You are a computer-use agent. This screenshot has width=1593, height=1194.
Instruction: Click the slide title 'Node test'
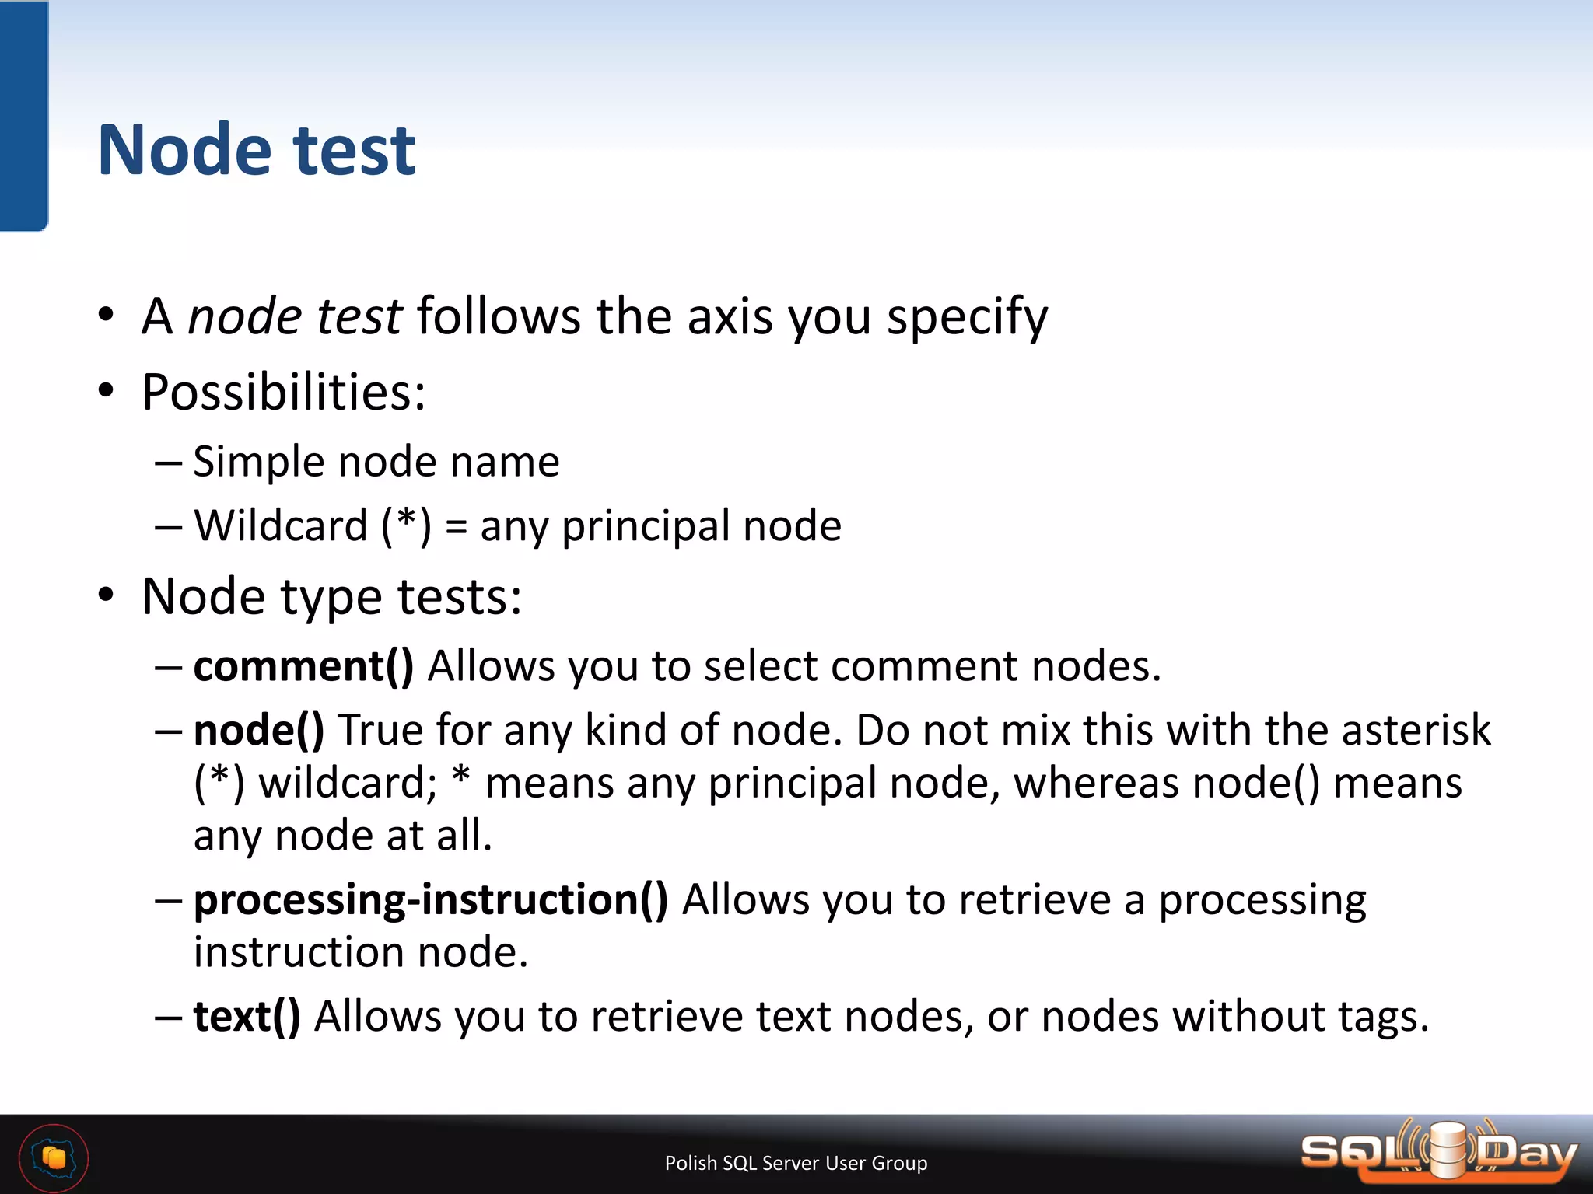(257, 151)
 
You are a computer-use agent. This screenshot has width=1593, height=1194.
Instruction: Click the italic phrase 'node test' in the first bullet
(295, 317)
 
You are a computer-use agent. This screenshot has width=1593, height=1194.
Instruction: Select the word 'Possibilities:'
(284, 392)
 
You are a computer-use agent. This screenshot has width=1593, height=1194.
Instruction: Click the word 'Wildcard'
(281, 526)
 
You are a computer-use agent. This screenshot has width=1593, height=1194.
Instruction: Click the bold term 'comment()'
(303, 667)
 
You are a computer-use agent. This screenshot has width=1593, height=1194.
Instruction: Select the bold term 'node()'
(259, 731)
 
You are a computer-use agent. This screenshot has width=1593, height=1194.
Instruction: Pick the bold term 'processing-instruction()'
(431, 900)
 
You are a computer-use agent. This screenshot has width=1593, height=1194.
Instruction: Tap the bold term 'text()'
(247, 1017)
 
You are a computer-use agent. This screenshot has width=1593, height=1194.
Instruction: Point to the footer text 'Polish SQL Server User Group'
(796, 1163)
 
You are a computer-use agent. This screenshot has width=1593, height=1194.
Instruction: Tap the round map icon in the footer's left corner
(54, 1158)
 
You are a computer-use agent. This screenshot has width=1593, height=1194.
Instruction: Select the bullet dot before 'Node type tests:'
(107, 596)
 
